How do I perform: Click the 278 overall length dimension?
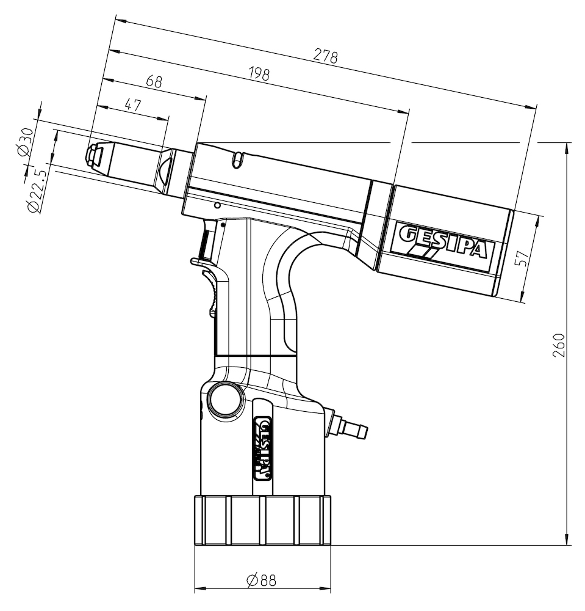[326, 56]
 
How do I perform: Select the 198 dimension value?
[259, 74]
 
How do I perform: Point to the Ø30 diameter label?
[25, 142]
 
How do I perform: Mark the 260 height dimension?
[561, 346]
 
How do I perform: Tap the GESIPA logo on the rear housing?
[443, 243]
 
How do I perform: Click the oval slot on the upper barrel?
[238, 160]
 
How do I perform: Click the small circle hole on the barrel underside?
[217, 205]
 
